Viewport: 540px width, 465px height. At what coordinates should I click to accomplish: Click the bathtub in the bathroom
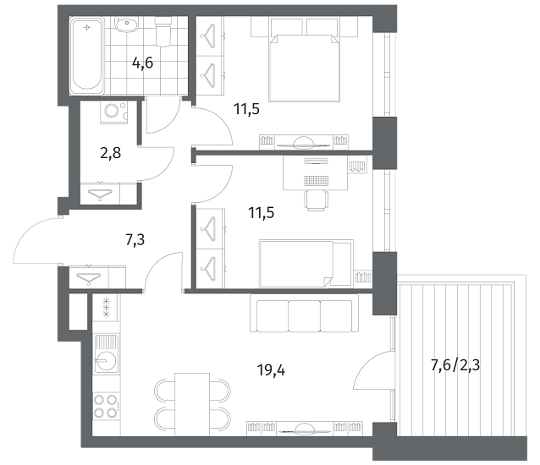coord(87,57)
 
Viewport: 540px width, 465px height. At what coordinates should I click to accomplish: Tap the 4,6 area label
coord(142,63)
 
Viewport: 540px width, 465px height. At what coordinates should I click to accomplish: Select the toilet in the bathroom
coord(163,31)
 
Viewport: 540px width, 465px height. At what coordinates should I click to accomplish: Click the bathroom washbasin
coord(126,25)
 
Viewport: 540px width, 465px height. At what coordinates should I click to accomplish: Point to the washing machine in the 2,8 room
coord(113,112)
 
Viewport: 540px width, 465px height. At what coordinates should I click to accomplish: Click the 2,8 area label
coord(111,153)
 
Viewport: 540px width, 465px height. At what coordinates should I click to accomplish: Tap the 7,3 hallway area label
coord(135,240)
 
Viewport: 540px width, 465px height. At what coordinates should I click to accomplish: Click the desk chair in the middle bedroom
coord(317,200)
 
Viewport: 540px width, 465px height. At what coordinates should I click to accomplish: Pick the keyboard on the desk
coord(317,181)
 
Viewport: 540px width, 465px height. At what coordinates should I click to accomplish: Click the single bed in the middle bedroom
coord(306,264)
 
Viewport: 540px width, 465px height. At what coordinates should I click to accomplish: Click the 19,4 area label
coord(271,370)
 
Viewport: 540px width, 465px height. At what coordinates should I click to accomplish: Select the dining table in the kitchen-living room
coord(192,404)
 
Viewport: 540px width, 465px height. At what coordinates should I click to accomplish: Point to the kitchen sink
coord(107,353)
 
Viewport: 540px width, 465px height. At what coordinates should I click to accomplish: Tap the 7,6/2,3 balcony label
coord(455,365)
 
